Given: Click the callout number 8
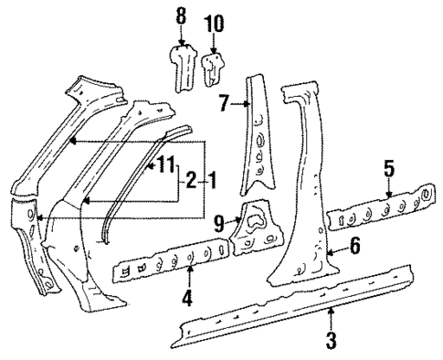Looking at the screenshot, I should (181, 16).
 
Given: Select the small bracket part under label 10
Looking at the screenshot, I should (215, 66).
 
